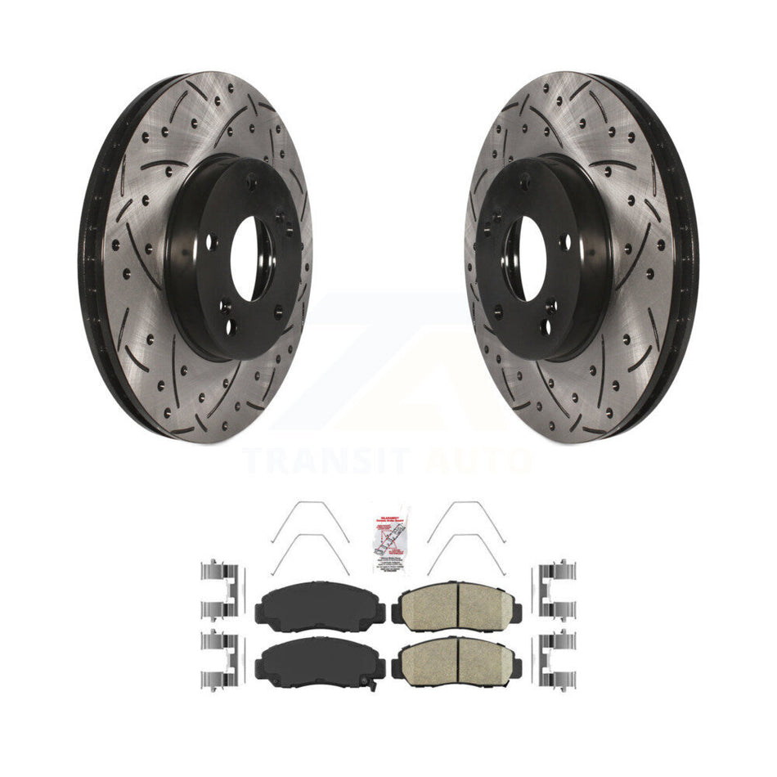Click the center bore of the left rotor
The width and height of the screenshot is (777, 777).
250,258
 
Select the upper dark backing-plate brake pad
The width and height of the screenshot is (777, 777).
321,606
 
